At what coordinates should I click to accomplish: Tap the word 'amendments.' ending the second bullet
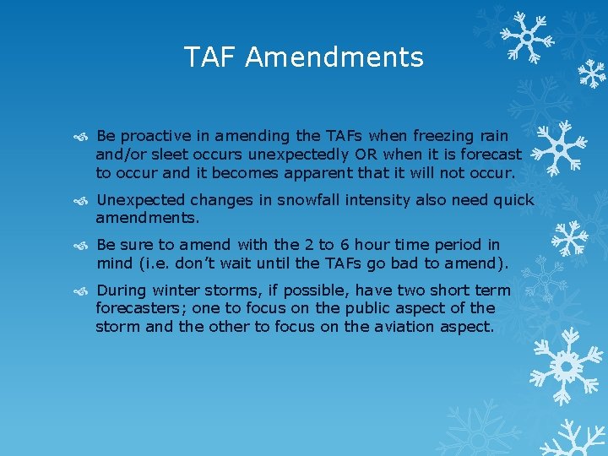(x=148, y=218)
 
